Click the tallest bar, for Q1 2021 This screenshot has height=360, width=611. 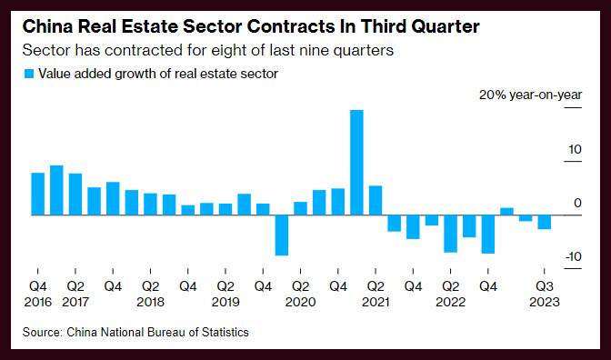pos(356,163)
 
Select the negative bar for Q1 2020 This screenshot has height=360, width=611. pos(282,235)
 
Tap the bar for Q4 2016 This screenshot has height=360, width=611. pos(38,194)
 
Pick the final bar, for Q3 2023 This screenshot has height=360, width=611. pos(545,222)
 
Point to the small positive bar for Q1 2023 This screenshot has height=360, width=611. pos(506,212)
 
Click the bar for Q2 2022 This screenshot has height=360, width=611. pos(450,234)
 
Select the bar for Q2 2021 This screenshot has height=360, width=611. pos(376,200)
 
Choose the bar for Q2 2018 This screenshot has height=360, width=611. pos(150,205)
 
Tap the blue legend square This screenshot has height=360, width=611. pos(29,74)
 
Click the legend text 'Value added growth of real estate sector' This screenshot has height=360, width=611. pos(158,74)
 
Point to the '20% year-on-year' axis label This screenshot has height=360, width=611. pos(530,95)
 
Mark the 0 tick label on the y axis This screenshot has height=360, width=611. pos(577,203)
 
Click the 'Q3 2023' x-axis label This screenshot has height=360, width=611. pos(545,295)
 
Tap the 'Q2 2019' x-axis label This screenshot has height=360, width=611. pos(225,295)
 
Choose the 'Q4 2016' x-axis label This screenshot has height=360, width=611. pos(38,295)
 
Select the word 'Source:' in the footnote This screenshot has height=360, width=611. pos(43,332)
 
